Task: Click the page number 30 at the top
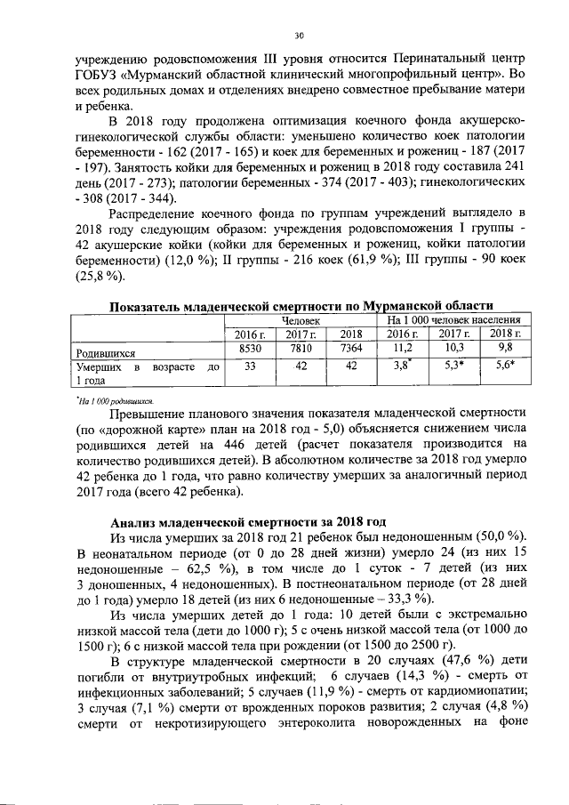click(300, 36)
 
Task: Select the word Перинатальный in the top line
click(414, 59)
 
